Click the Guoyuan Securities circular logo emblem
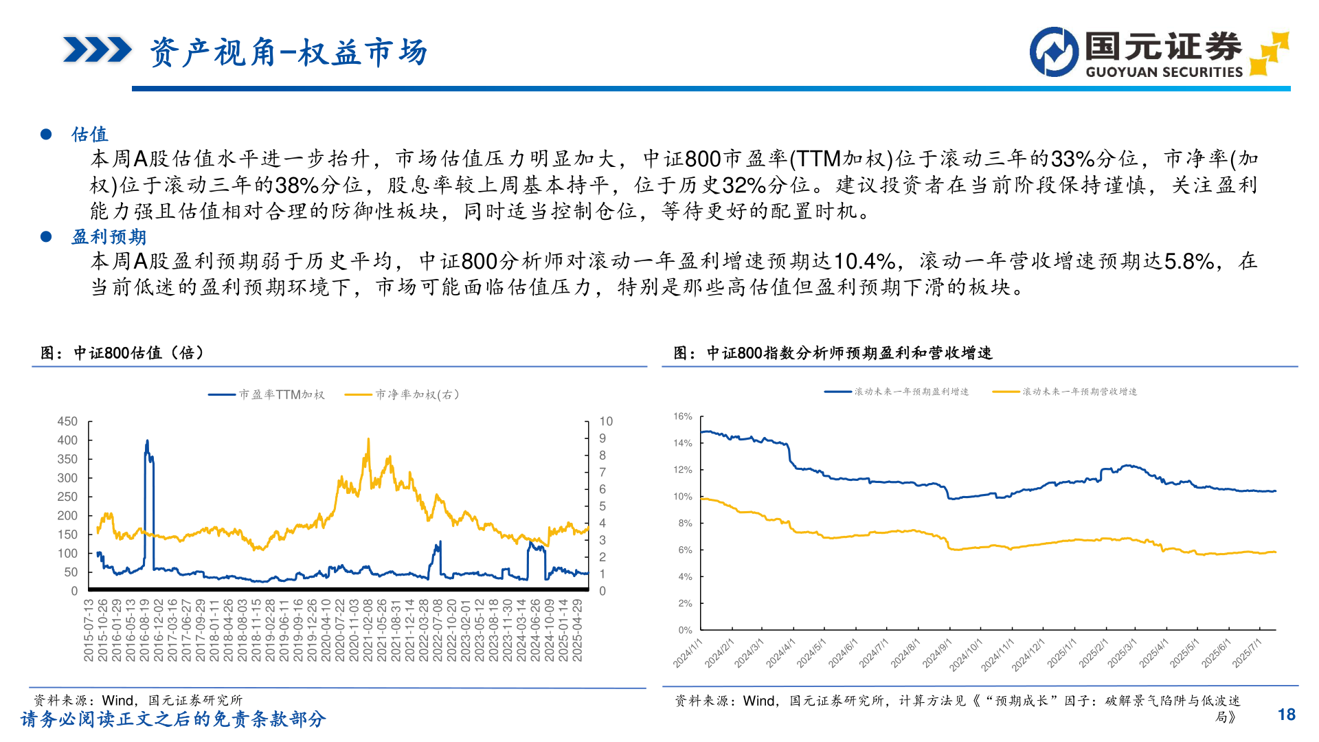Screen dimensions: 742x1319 click(1054, 52)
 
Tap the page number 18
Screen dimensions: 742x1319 click(1286, 715)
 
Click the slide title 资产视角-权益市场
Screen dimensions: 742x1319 click(289, 52)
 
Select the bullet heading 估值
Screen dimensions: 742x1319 click(90, 134)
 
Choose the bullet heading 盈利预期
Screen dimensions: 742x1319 click(109, 237)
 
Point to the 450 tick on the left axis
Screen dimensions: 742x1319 click(67, 421)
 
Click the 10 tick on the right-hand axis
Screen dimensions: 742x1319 click(605, 421)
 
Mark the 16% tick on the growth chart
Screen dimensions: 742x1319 click(683, 416)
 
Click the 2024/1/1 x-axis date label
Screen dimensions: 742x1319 click(688, 652)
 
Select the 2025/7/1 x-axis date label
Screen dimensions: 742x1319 click(1248, 652)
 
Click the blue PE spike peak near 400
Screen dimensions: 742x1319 click(147, 442)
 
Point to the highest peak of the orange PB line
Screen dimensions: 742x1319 click(368, 439)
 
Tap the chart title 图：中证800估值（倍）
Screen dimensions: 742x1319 click(122, 353)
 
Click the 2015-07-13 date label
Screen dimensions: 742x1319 click(89, 630)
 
